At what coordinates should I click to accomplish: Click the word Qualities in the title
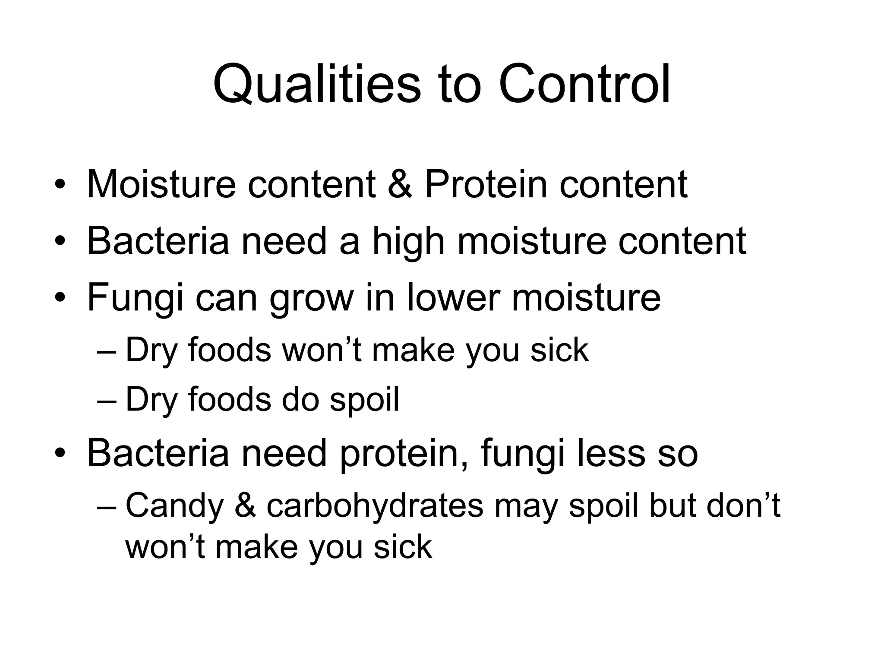[x=316, y=85]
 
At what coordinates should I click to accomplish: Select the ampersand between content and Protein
[x=400, y=184]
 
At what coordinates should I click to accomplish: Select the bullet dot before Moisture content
[x=60, y=185]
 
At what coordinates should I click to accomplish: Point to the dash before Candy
[x=107, y=506]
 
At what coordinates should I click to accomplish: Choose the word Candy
[x=174, y=506]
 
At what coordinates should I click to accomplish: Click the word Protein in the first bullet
[x=486, y=184]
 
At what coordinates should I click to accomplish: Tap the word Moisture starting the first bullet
[x=161, y=184]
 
